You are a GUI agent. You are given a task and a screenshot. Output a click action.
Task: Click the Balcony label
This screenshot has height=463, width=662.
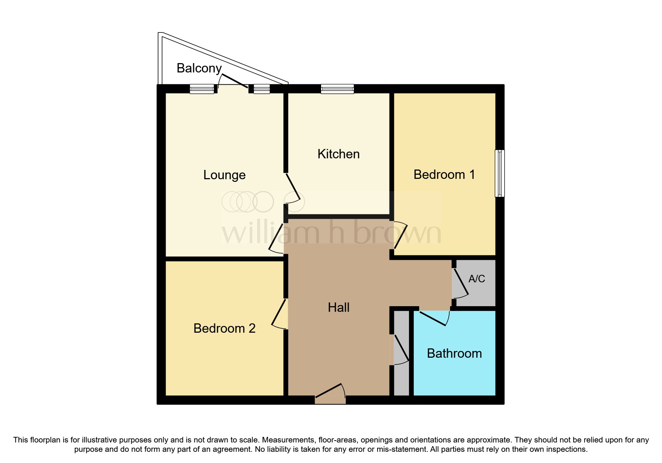199,68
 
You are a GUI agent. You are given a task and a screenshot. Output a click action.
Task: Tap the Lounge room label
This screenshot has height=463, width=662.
224,175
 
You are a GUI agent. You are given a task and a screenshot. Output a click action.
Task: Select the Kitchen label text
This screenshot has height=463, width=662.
338,154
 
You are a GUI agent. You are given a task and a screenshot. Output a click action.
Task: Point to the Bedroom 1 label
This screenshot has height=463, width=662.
444,174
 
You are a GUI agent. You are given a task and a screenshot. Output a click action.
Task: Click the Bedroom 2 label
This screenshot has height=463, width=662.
224,328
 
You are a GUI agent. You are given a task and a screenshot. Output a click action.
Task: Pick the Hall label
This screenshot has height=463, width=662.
339,307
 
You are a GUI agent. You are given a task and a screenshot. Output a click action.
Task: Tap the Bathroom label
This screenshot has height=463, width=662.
454,353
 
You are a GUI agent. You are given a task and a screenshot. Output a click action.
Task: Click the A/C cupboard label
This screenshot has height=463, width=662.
477,279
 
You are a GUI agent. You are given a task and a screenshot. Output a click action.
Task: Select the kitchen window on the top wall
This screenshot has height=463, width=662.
337,89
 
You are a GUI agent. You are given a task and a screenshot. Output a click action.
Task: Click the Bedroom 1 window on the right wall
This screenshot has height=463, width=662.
500,173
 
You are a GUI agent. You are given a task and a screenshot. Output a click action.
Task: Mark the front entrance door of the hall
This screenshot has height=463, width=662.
330,394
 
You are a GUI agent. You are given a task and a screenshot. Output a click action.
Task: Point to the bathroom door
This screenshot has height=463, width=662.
434,318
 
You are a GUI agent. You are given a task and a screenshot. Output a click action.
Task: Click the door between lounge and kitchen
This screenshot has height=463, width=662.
293,188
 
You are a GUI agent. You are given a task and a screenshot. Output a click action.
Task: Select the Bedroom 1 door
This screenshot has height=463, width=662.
399,236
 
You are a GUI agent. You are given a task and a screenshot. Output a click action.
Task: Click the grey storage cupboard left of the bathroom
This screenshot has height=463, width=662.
402,353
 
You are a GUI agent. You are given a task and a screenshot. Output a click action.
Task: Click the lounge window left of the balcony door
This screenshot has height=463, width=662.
202,89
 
